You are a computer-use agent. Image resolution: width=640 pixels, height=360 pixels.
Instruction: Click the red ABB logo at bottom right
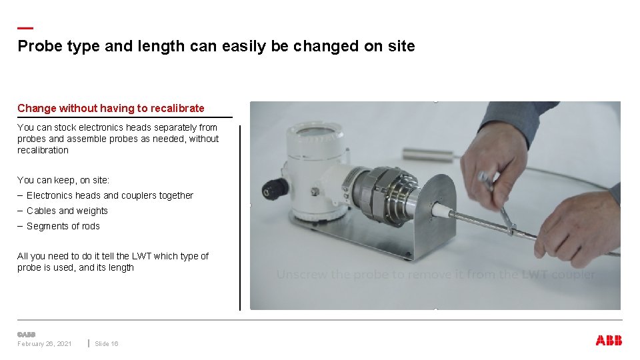pos(609,341)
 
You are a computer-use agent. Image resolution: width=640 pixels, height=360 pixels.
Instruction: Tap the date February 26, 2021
pos(45,344)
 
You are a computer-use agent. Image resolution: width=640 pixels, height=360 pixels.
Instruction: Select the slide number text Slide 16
pos(107,344)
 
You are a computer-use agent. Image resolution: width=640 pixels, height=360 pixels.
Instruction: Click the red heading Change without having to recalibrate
pos(111,108)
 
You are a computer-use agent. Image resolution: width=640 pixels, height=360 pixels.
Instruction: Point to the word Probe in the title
pos(36,46)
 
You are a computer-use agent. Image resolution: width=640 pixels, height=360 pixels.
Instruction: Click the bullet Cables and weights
pos(67,211)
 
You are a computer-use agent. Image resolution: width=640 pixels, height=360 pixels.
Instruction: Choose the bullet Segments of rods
pos(63,226)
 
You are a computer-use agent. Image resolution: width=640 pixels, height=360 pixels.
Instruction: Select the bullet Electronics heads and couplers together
pos(110,195)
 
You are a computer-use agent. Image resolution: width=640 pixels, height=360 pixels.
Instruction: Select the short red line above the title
pos(25,28)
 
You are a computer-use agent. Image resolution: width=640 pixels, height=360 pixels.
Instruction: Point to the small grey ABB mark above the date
pos(26,334)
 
